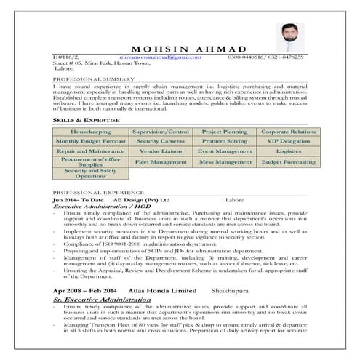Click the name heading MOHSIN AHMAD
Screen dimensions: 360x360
180,47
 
